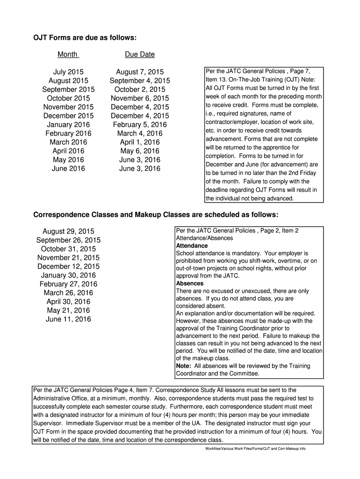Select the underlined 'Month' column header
[x=68, y=54]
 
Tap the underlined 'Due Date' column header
[x=140, y=54]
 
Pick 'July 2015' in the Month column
[x=68, y=72]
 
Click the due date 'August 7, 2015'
[x=140, y=72]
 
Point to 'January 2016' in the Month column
[x=68, y=124]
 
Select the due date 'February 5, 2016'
[x=140, y=124]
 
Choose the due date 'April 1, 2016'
[x=140, y=142]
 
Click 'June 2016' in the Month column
[x=68, y=168]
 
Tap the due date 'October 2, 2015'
[x=140, y=89]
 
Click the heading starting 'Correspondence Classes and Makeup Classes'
[x=156, y=215]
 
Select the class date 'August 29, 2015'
[x=68, y=232]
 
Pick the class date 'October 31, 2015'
[x=68, y=249]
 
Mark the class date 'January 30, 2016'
[x=68, y=275]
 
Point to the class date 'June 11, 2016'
[x=68, y=319]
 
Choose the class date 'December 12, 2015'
[x=68, y=267]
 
